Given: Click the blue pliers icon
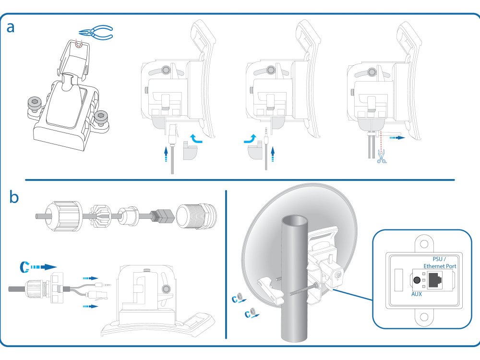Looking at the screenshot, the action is (x=96, y=33).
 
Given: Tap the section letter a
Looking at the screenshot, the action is (x=11, y=27).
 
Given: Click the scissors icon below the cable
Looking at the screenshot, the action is (x=381, y=156).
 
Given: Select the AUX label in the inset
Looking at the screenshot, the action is (x=416, y=294).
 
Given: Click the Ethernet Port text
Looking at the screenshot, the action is (x=440, y=266).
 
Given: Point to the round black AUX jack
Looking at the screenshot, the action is (x=417, y=280).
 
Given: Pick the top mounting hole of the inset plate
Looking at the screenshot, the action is (x=424, y=244).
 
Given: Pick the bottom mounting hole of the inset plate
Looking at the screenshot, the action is (x=424, y=316).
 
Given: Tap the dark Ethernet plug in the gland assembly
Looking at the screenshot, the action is (x=162, y=216).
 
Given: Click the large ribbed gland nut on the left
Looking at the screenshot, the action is (x=64, y=216).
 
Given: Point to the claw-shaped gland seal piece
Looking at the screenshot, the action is (x=101, y=216).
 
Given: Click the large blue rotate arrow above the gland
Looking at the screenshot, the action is (x=38, y=267).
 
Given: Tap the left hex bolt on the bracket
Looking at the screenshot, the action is (x=34, y=104).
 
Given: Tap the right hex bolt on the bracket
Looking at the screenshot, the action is (x=101, y=118).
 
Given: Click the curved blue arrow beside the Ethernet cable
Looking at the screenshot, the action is (x=196, y=138).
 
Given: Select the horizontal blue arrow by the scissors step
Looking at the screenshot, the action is (x=397, y=138).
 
